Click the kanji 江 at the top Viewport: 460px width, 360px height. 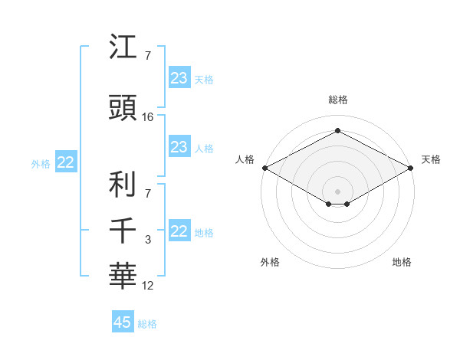point(123,47)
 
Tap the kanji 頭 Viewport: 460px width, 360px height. point(123,109)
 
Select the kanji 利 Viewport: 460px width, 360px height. point(123,184)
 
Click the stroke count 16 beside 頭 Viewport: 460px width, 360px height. point(148,118)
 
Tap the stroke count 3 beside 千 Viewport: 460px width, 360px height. point(148,240)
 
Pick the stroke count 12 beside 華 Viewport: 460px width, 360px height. point(148,286)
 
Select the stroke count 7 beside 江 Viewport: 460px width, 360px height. point(147,56)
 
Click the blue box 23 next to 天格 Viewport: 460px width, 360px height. point(179,78)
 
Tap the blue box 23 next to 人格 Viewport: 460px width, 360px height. point(179,147)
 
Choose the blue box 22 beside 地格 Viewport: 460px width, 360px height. point(179,231)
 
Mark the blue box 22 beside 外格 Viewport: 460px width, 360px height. point(65,162)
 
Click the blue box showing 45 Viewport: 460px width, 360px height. point(123,322)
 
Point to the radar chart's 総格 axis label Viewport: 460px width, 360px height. point(337,100)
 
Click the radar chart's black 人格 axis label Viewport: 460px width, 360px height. point(245,159)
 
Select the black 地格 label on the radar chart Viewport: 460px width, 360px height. point(402,262)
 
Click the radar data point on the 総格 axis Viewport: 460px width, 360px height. point(337,131)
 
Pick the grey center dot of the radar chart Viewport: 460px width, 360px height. point(337,190)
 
